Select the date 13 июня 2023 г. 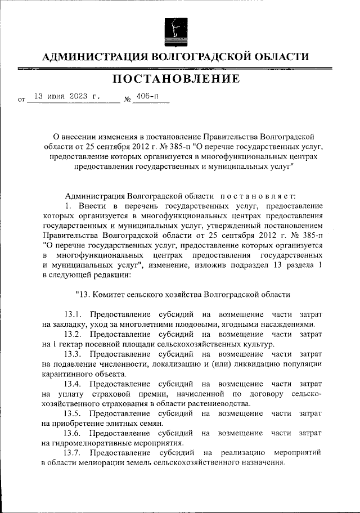67,96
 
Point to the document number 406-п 147,96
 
